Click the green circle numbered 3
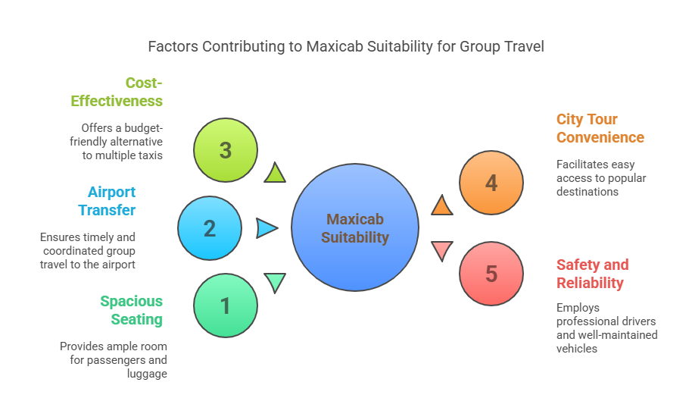click(225, 150)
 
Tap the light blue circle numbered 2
click(210, 228)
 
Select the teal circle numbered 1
click(225, 306)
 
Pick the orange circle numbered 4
click(491, 183)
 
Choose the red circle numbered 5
click(491, 274)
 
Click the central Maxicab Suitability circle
click(355, 228)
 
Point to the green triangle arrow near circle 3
click(276, 174)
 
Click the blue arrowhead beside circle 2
click(266, 227)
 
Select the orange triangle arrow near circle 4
click(442, 205)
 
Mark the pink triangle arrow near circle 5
click(441, 250)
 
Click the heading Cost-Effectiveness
click(117, 92)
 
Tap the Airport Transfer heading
click(111, 201)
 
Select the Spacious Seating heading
click(132, 310)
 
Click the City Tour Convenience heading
click(600, 128)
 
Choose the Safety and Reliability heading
click(592, 274)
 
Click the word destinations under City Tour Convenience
click(588, 191)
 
